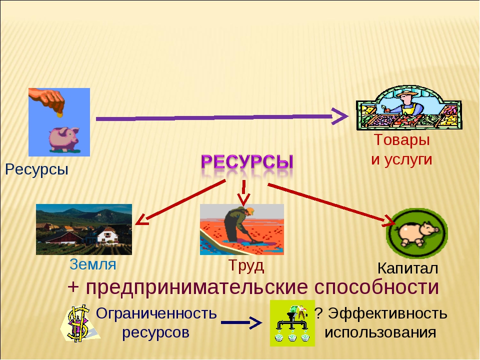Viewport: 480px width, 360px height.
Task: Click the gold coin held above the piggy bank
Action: [x=59, y=115]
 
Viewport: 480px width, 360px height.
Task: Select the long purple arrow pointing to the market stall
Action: [x=222, y=117]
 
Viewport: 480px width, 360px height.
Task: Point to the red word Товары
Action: [x=401, y=140]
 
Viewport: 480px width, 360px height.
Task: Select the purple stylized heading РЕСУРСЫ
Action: [x=247, y=161]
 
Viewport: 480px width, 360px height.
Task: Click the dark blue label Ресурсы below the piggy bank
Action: [x=36, y=169]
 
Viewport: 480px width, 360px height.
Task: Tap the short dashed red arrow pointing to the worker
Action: [x=243, y=193]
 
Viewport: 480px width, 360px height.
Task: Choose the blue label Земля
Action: [x=93, y=264]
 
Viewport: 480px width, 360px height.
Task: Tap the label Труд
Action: [x=246, y=265]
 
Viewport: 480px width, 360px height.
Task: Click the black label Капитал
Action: [x=407, y=268]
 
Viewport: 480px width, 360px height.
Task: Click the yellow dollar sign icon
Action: [x=78, y=323]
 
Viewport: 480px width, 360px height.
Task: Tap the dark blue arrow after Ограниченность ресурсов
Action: [x=241, y=322]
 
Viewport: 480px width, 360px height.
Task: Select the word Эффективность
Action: [x=387, y=313]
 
